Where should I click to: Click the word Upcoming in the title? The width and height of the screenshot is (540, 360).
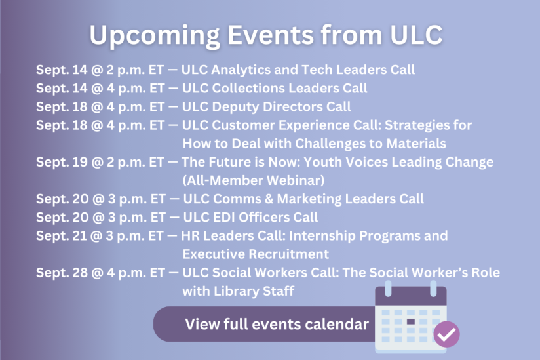click(x=155, y=36)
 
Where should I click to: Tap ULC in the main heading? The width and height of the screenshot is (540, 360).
click(x=416, y=35)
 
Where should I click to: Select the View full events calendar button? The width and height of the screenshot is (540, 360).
click(x=265, y=324)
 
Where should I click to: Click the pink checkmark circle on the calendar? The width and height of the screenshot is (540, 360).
click(x=446, y=334)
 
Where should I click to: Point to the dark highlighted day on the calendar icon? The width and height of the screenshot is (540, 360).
click(x=410, y=322)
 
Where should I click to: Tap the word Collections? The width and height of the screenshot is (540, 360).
click(x=248, y=88)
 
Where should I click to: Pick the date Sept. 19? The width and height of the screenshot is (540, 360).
click(x=62, y=162)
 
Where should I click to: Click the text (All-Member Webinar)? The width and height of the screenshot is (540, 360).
click(x=254, y=180)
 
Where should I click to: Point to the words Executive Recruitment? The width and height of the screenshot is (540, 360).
click(x=256, y=254)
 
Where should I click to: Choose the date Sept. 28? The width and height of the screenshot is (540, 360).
click(x=62, y=273)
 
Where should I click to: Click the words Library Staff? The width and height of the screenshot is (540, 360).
click(x=254, y=291)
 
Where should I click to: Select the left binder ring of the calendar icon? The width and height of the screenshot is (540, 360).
click(x=388, y=289)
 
